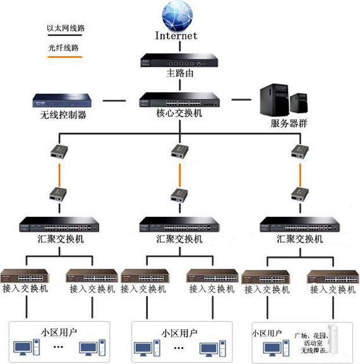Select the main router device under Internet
pos(179,60)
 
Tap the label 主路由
pos(179,74)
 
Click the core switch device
pos(179,100)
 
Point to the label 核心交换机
pos(179,114)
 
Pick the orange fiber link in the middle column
pos(179,174)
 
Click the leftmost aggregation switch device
pos(59,225)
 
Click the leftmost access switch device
pos(25,276)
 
